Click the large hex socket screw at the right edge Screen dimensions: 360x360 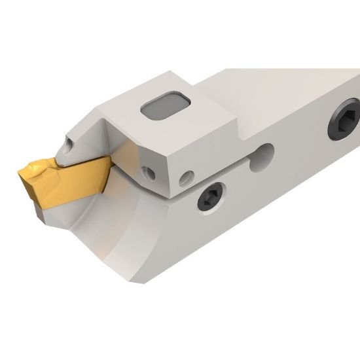(x=346, y=118)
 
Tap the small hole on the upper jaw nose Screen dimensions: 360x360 (x=67, y=140)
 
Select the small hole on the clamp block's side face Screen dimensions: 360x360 (x=188, y=176)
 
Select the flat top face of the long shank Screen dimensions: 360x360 (x=288, y=85)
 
